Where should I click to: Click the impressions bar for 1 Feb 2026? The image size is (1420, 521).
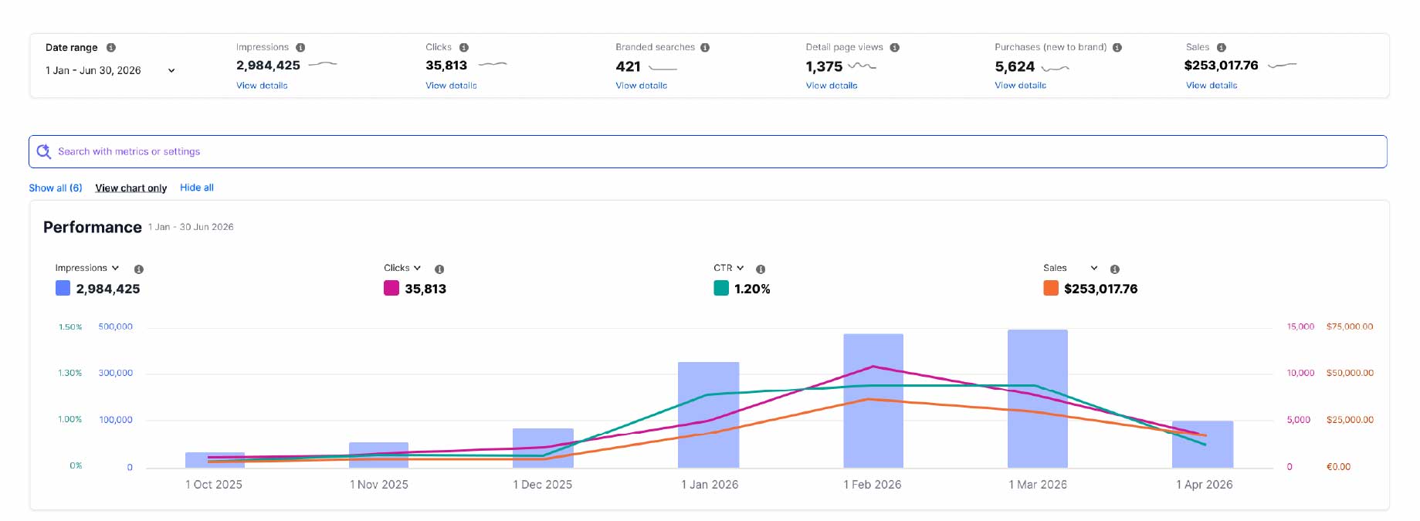tap(873, 401)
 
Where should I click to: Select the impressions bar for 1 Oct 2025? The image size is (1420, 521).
tap(215, 460)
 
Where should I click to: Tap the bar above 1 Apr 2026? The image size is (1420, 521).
tap(1202, 444)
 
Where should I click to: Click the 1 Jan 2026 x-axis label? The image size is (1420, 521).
tap(710, 485)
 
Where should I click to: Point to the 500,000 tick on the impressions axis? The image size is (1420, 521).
tap(116, 326)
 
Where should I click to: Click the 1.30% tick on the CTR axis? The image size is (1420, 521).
tap(69, 373)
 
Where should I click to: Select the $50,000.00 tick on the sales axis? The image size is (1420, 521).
tap(1350, 373)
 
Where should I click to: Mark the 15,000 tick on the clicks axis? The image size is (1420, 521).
tap(1300, 326)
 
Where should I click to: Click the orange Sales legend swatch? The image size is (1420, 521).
tap(1051, 288)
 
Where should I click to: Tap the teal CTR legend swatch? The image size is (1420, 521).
tap(721, 288)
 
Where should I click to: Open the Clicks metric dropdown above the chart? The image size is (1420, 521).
tap(402, 268)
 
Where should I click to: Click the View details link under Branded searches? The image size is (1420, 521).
tap(641, 86)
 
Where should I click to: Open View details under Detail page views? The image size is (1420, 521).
tap(832, 86)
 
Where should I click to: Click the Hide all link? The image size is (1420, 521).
tap(197, 188)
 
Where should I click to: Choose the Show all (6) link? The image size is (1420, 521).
tap(56, 188)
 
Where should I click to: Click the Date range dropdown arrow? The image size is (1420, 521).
tap(171, 70)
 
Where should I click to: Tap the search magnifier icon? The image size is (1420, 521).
tap(44, 151)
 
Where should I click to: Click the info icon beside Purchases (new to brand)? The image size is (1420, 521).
tap(1117, 48)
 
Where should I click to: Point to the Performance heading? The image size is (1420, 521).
tap(93, 227)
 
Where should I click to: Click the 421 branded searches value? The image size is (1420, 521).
tap(629, 66)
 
